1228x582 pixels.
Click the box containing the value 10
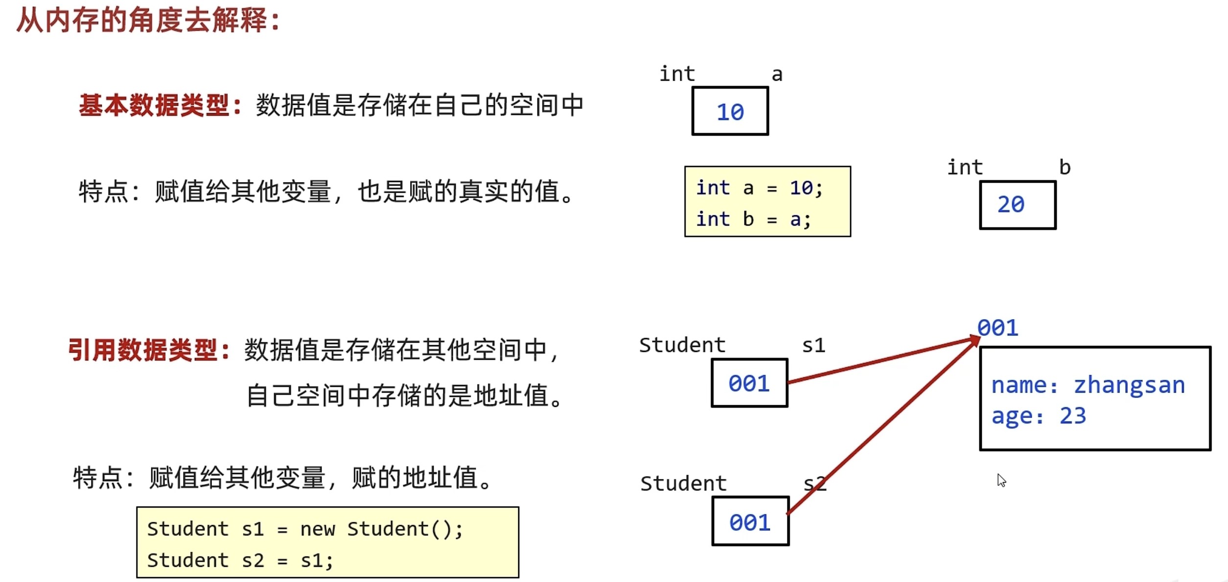coord(730,111)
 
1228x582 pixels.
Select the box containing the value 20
coord(1018,205)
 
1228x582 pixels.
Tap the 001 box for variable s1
coord(749,383)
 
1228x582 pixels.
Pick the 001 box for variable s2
coord(750,521)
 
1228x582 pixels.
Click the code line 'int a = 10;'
coord(759,188)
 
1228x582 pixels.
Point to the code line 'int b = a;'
coord(753,219)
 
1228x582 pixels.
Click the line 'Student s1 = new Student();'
coord(304,529)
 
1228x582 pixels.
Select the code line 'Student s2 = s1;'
coord(240,560)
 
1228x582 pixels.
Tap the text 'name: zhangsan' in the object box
coord(1088,385)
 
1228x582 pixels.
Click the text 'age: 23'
coord(1038,416)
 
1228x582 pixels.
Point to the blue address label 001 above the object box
coord(998,328)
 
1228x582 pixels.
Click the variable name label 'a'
coord(777,75)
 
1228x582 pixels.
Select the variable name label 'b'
coord(1065,167)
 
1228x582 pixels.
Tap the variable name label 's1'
coord(813,346)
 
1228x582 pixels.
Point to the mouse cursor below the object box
coord(1001,480)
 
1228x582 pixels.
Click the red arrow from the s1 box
coord(881,361)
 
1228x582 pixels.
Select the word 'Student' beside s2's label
coord(683,484)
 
